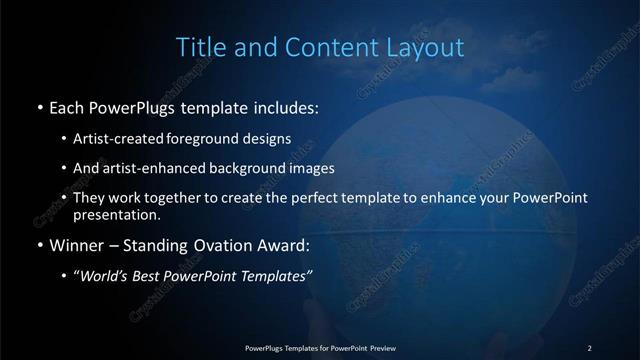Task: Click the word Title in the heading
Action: coord(199,47)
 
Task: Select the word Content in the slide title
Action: coord(324,47)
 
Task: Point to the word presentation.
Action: coord(116,214)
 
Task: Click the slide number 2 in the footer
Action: coord(589,347)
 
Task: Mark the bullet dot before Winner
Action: coord(38,245)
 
